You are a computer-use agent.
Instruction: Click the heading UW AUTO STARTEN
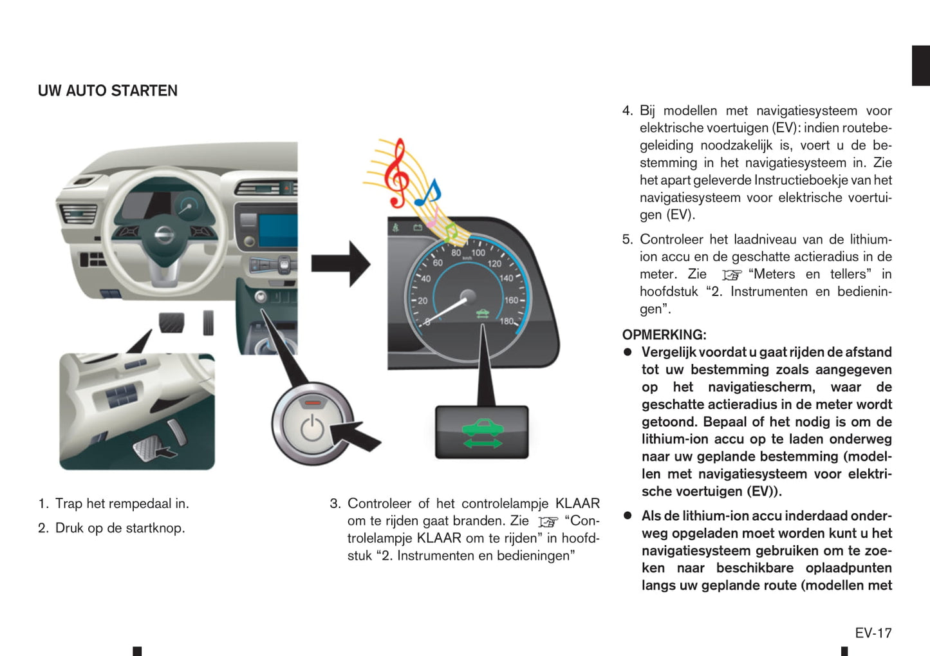[107, 91]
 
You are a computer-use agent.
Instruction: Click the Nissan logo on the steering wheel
[165, 235]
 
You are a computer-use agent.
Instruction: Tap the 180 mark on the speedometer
[507, 321]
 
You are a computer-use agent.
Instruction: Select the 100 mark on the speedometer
[478, 253]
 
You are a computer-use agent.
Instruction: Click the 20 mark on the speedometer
[422, 301]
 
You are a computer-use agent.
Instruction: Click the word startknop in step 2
[154, 528]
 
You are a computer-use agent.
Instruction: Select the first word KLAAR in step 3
[577, 503]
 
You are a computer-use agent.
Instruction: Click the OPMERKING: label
[664, 335]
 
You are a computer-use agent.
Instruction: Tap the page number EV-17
[873, 633]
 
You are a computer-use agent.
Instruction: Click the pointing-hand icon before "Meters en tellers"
[731, 275]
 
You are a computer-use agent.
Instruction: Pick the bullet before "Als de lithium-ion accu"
[628, 516]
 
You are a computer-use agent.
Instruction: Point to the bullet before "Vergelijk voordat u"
[628, 352]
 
